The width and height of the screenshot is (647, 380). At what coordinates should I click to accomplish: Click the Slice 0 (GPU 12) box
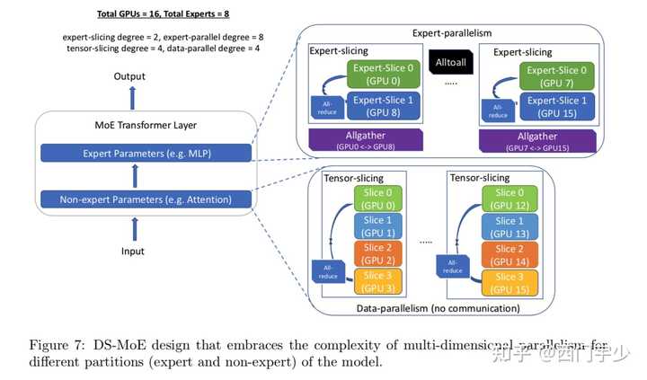pyautogui.click(x=510, y=199)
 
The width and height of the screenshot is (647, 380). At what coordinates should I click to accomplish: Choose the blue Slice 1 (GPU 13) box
pyautogui.click(x=510, y=227)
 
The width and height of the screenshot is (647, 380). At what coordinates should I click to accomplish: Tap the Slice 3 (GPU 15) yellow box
pyautogui.click(x=510, y=283)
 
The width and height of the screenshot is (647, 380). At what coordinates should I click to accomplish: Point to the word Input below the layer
pyautogui.click(x=133, y=252)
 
